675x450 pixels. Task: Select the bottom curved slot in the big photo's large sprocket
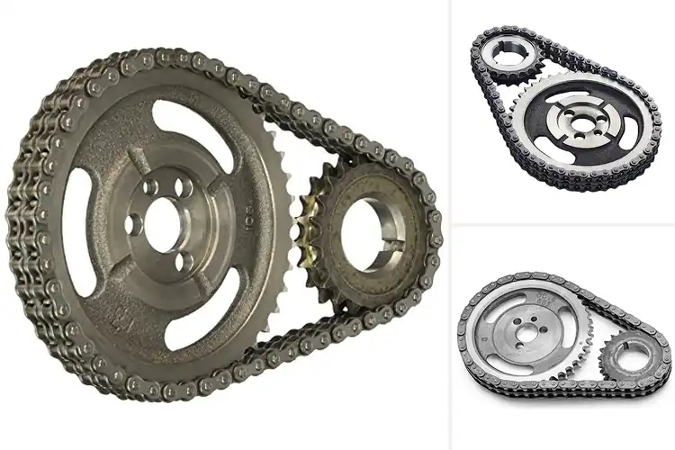click(243, 297)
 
